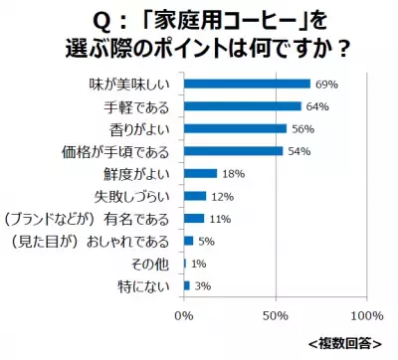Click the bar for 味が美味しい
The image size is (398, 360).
[247, 84]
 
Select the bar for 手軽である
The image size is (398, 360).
[242, 105]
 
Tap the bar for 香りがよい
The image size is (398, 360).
[235, 128]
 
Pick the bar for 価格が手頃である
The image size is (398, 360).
[233, 151]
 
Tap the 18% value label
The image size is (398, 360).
[233, 173]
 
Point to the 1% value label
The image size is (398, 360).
[199, 264]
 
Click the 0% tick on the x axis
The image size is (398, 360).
[184, 315]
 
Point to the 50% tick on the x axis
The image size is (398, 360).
[275, 315]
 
